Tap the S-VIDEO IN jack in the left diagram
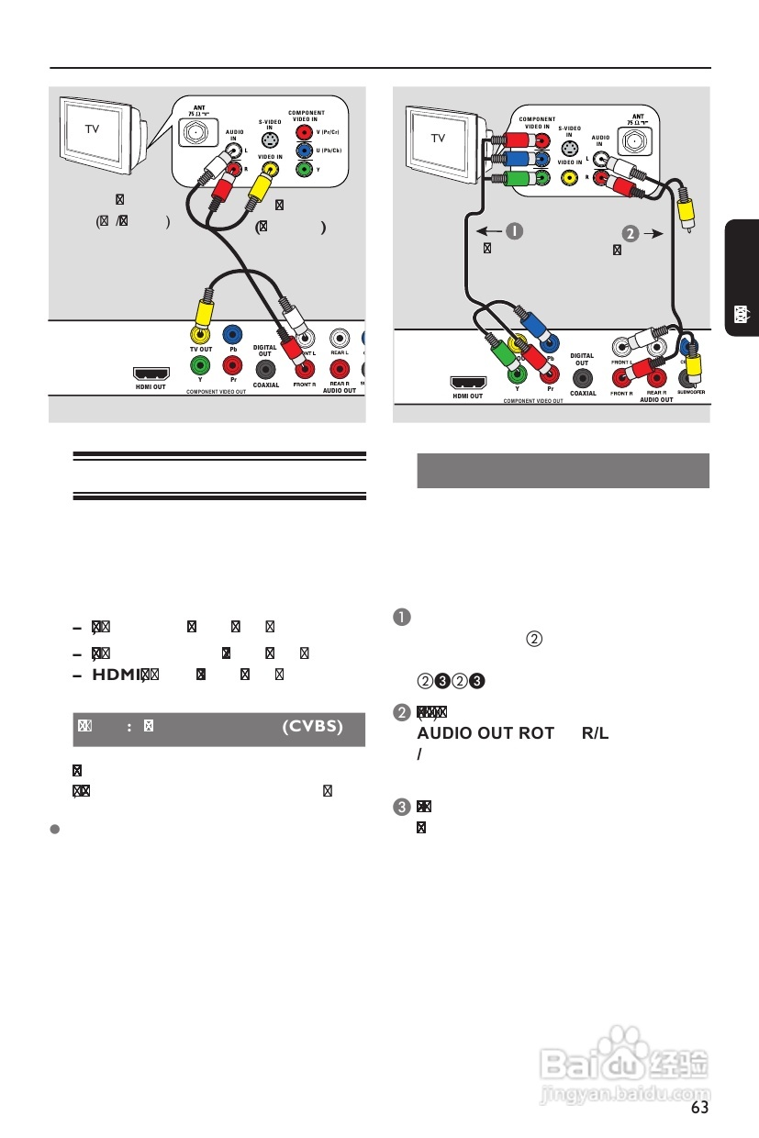(269, 140)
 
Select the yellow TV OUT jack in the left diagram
(200, 337)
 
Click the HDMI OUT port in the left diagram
(151, 374)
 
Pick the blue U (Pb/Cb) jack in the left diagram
(304, 150)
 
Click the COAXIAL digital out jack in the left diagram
(265, 369)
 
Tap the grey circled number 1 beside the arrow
(517, 231)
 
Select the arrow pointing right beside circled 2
(653, 233)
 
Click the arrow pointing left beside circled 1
(487, 231)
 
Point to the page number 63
(700, 1108)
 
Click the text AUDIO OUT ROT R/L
(514, 733)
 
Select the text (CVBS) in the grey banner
(312, 727)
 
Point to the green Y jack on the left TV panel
(304, 170)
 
